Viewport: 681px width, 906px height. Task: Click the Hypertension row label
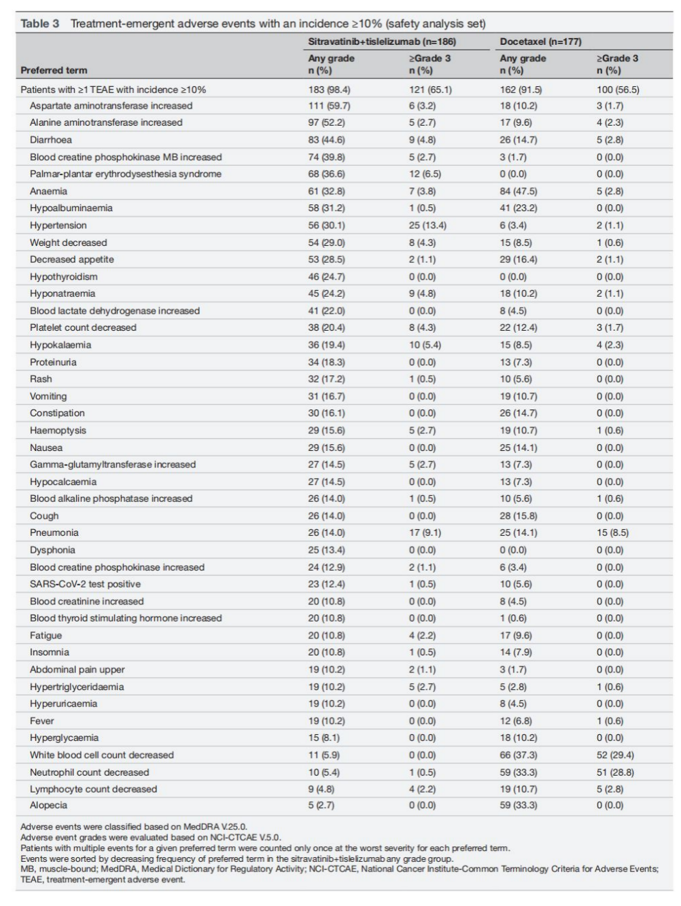58,225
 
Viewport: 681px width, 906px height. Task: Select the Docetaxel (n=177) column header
540,41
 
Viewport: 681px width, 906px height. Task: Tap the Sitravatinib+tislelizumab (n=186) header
382,41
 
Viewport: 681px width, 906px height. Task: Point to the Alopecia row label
48,805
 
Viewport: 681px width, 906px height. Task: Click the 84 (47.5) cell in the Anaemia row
519,192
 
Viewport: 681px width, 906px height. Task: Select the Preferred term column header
54,70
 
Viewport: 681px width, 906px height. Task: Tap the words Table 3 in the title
39,24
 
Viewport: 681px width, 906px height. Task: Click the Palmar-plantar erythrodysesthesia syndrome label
126,174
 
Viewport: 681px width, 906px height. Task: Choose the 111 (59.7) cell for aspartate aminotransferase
329,106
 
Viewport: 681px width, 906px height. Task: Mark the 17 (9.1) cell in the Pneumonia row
425,533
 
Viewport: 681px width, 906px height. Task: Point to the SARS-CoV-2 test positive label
85,584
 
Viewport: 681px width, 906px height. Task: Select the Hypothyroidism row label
63,277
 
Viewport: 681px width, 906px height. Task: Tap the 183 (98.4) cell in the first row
329,90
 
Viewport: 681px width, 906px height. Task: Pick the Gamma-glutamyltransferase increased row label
112,465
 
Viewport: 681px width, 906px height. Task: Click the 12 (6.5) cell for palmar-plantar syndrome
425,174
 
